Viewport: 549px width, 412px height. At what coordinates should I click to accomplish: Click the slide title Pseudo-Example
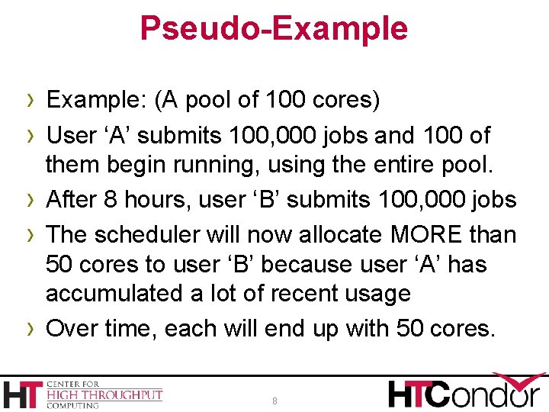click(x=274, y=28)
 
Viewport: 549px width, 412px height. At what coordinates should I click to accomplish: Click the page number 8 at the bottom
click(x=275, y=401)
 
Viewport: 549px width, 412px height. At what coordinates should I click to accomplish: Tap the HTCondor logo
click(x=466, y=391)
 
